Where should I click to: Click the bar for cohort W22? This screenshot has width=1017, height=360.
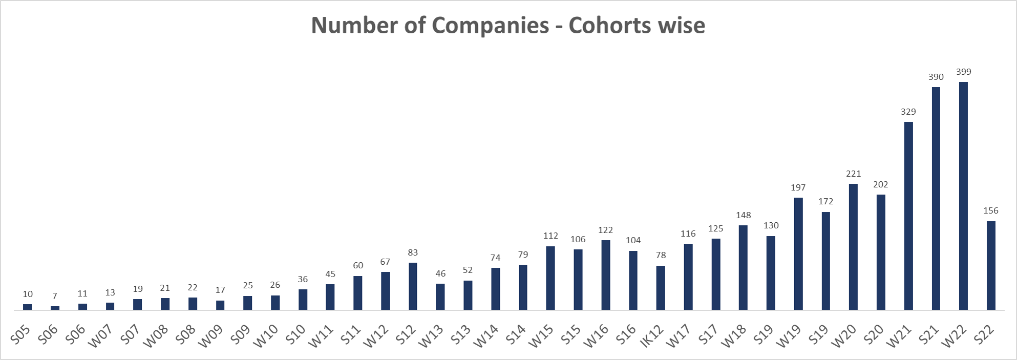pyautogui.click(x=963, y=196)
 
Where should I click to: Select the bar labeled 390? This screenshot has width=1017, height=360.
pyautogui.click(x=936, y=198)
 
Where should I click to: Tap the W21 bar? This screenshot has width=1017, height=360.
pyautogui.click(x=908, y=216)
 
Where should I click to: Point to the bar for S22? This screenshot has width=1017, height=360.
pyautogui.click(x=991, y=265)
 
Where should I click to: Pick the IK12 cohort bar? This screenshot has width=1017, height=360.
pyautogui.click(x=661, y=287)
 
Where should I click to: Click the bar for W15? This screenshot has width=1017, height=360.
pyautogui.click(x=550, y=278)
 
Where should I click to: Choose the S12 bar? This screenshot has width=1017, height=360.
pyautogui.click(x=413, y=286)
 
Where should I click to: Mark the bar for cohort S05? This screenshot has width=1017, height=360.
pyautogui.click(x=28, y=307)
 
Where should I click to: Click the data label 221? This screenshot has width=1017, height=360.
pyautogui.click(x=853, y=174)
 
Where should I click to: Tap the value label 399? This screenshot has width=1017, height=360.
pyautogui.click(x=963, y=72)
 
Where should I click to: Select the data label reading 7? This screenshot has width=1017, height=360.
pyautogui.click(x=55, y=296)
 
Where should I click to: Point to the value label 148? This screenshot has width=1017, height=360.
pyautogui.click(x=743, y=216)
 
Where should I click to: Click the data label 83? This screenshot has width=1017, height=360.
pyautogui.click(x=413, y=253)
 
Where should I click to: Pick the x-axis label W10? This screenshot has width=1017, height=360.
pyautogui.click(x=266, y=336)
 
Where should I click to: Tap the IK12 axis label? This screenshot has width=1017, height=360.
pyautogui.click(x=652, y=336)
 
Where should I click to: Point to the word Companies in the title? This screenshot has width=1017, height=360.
pyautogui.click(x=491, y=25)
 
